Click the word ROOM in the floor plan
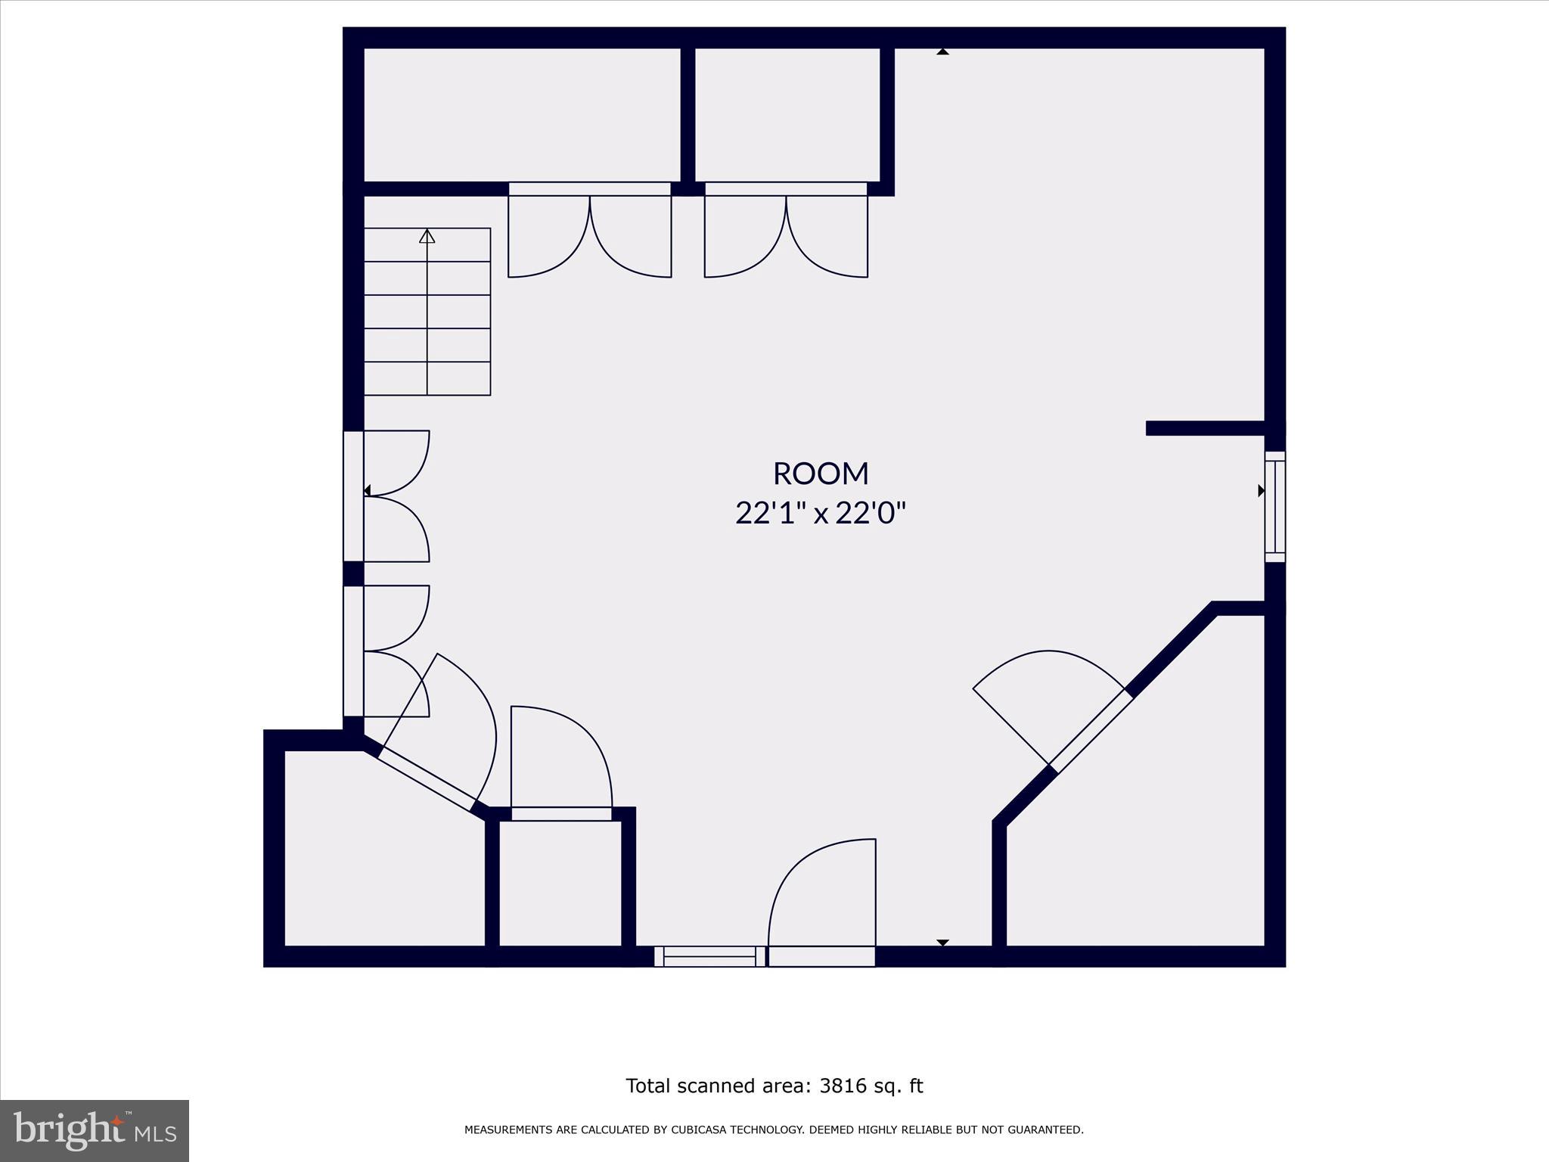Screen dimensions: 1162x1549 click(x=821, y=474)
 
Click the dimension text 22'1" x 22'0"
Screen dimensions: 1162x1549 click(x=821, y=514)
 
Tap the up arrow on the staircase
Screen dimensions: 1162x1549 click(x=427, y=237)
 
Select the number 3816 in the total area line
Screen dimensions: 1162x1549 click(x=840, y=1086)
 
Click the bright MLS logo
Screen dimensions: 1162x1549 click(x=95, y=1131)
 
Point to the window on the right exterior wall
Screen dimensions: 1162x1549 click(x=1275, y=507)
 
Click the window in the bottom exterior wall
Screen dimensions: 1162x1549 click(x=709, y=956)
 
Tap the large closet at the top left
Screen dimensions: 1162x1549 click(x=522, y=115)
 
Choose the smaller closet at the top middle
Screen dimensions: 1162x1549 click(x=787, y=115)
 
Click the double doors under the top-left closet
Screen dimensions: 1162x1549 click(x=589, y=235)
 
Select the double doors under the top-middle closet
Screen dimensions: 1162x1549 click(x=786, y=235)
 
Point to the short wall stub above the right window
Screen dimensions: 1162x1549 click(x=1206, y=428)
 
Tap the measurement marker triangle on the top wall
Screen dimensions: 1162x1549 click(x=942, y=52)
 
